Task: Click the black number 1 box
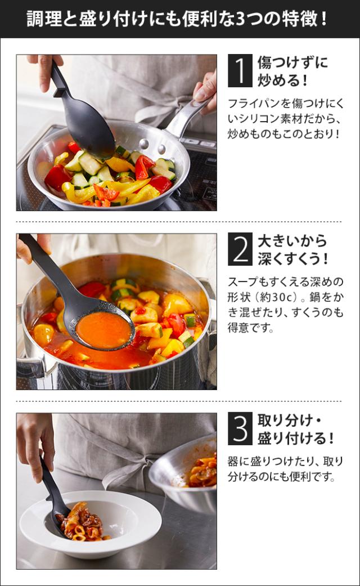(240, 71)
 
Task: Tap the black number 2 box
(240, 249)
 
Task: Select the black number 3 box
(240, 428)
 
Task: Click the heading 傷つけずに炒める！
(292, 71)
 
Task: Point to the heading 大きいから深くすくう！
(292, 249)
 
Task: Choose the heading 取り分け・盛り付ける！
(295, 429)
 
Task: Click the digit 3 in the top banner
(241, 19)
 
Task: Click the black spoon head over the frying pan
(88, 129)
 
